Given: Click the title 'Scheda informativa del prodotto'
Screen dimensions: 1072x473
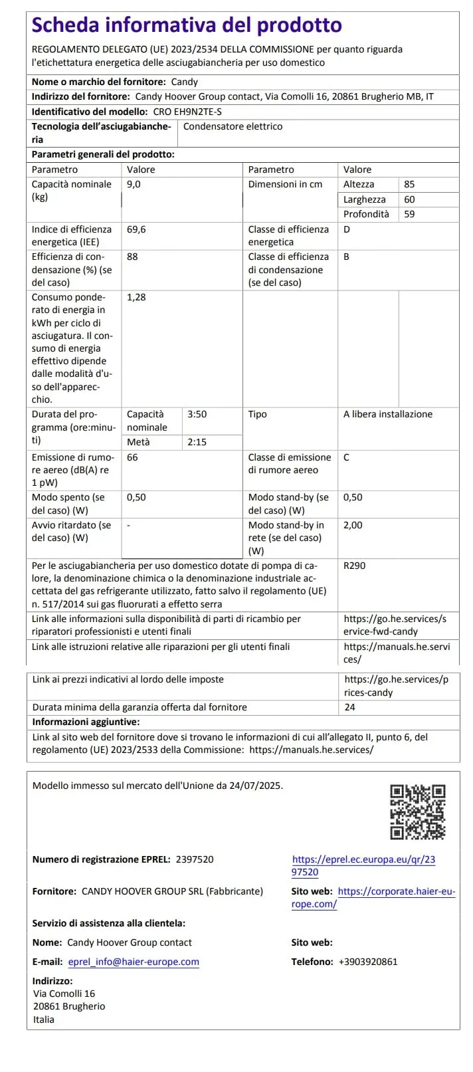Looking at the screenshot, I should [187, 25].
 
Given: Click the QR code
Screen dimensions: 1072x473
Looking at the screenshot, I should [417, 811].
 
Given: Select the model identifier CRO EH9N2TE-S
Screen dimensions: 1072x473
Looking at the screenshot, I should [187, 112].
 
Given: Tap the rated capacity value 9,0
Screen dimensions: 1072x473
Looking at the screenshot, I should [134, 184].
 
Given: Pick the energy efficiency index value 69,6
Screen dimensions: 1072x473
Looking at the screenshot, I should [136, 229].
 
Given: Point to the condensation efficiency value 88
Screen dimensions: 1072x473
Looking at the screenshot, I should [132, 257].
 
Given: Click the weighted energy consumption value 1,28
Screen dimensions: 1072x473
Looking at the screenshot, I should [136, 297].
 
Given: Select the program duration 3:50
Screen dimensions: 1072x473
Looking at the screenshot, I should [197, 414].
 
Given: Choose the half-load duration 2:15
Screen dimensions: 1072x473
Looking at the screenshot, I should [197, 442].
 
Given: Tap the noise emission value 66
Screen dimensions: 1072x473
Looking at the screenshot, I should [132, 457].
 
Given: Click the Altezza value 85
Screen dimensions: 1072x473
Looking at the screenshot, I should [409, 184].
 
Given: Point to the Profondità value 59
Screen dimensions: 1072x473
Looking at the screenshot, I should [409, 214].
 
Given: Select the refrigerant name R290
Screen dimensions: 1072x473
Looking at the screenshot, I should [354, 566].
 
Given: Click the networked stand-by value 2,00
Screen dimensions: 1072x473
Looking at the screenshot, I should [353, 525].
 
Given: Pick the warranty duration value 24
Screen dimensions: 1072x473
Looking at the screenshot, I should [350, 707].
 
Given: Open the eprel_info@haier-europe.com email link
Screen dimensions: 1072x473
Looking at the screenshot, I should [134, 962].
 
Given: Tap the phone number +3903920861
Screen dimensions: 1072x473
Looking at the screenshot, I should [368, 962].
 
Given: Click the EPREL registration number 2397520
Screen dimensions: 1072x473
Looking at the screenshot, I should [195, 859].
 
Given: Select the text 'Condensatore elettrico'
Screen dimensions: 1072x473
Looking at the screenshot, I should [233, 126].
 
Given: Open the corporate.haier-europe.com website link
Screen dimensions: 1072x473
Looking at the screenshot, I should [396, 892].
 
